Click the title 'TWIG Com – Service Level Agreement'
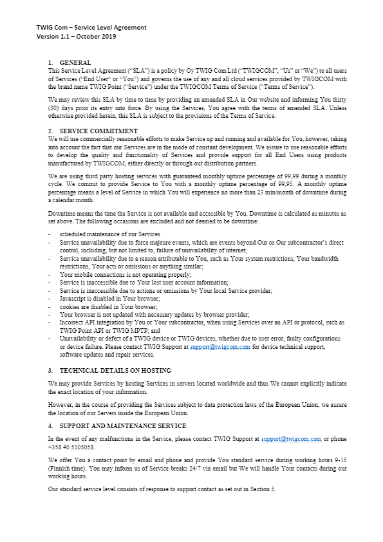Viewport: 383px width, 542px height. [91, 27]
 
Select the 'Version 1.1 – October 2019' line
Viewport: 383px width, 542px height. [76, 36]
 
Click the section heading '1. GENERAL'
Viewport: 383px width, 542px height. [71, 62]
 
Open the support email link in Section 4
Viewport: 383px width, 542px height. [291, 439]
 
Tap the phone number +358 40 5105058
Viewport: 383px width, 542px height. [71, 447]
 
